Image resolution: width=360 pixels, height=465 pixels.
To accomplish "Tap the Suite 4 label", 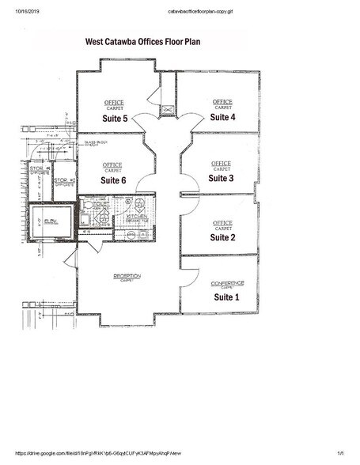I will pos(222,117).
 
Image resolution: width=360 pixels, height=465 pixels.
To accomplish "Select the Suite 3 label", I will pos(221,178).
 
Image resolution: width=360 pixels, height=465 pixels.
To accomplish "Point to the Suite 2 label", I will pos(222,237).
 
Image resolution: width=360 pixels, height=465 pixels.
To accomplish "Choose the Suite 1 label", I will pos(227,297).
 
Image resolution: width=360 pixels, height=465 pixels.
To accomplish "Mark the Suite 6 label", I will pos(114,180).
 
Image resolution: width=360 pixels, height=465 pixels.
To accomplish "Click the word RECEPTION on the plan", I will pos(127,275).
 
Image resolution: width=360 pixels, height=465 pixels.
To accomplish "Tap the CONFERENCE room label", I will pos(227,282).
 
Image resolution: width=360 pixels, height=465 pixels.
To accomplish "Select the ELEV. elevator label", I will pos(51,221).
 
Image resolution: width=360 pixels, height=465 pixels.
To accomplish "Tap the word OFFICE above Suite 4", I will pos(222,101).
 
